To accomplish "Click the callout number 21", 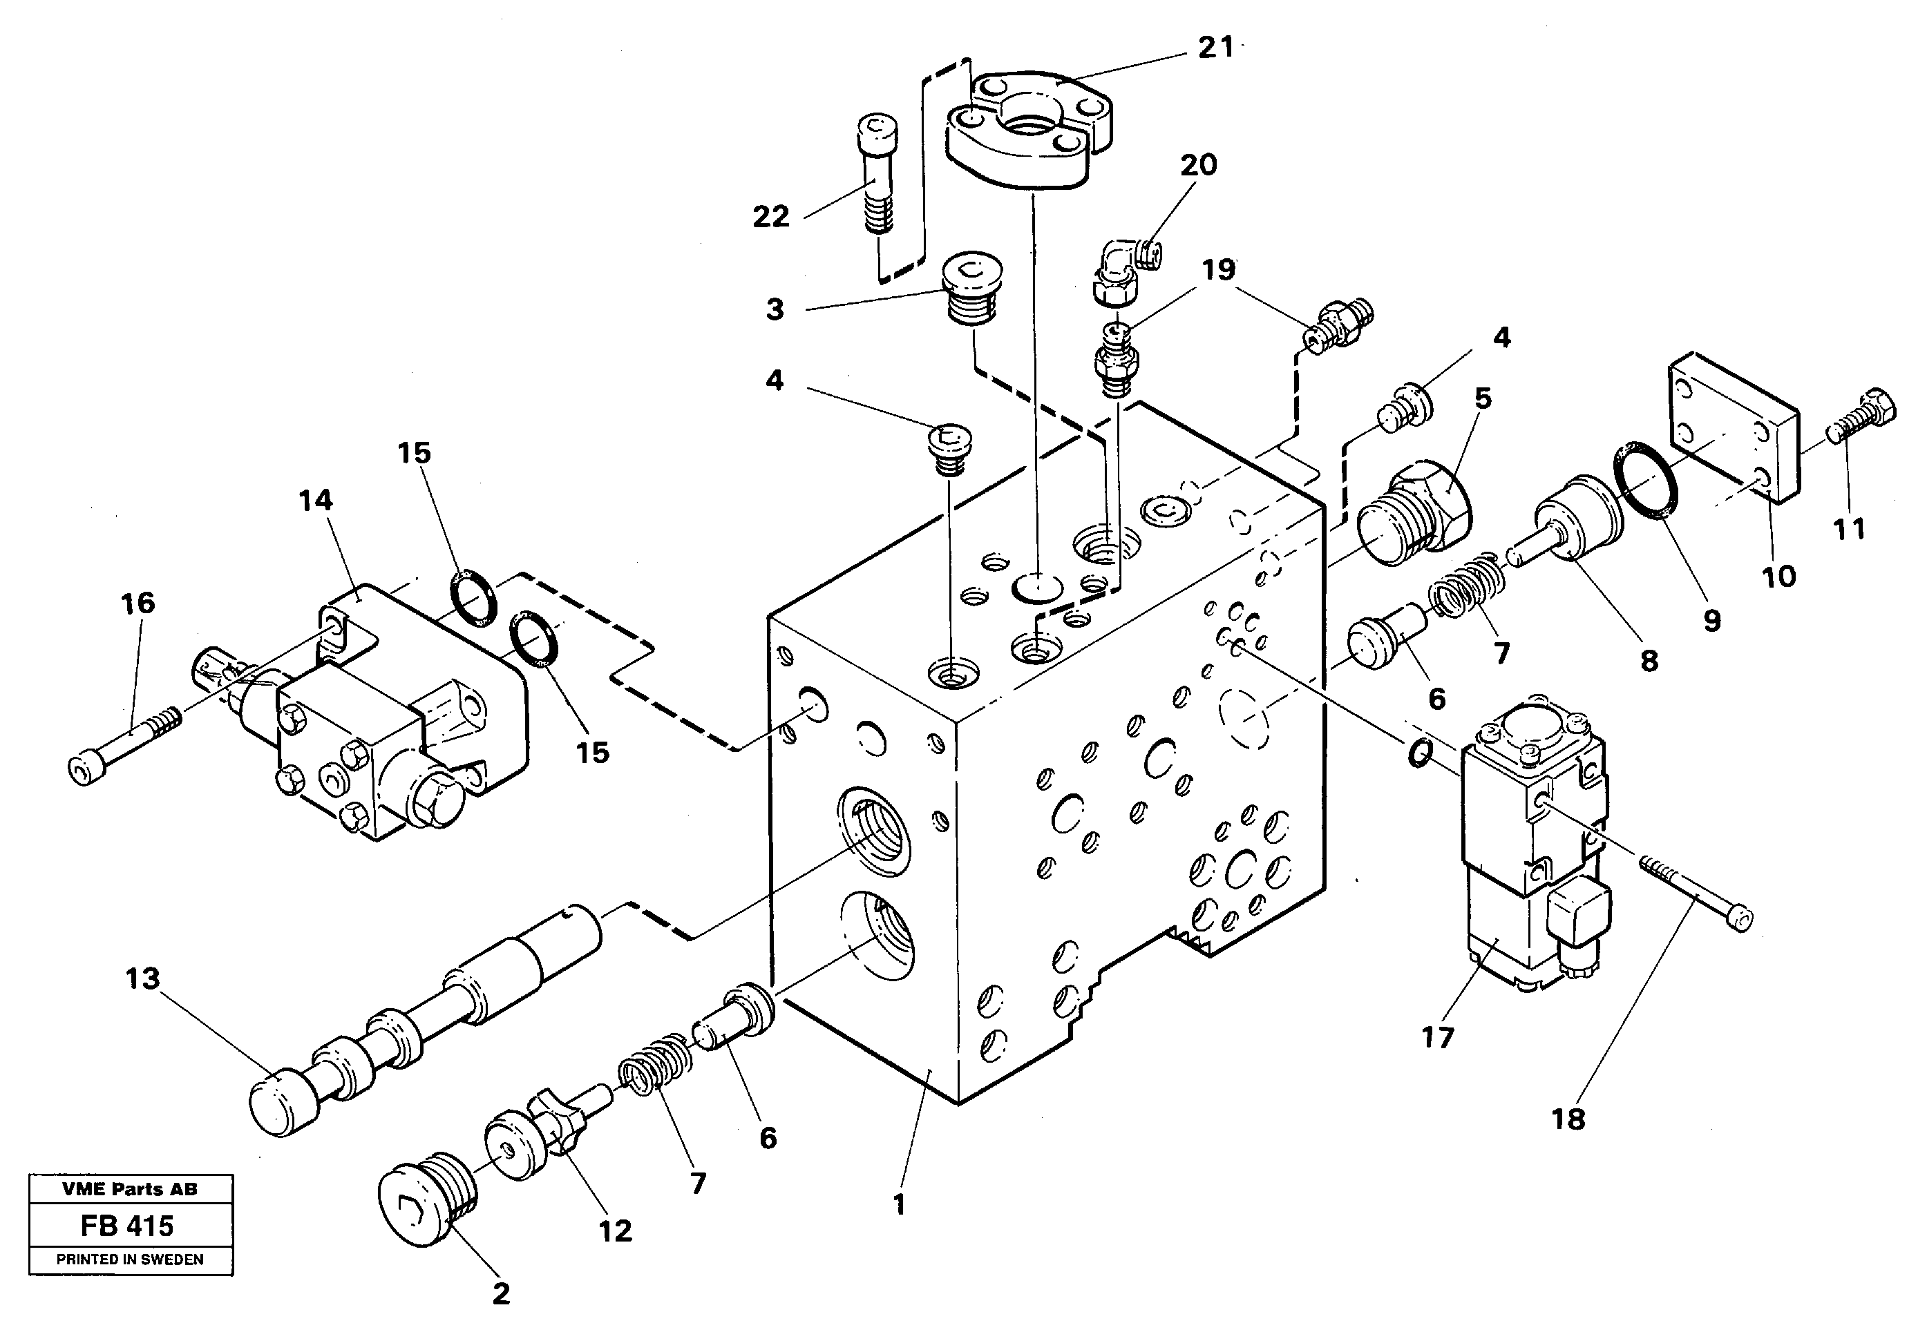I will pyautogui.click(x=1215, y=48).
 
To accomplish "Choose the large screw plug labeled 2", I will pyautogui.click(x=426, y=1210).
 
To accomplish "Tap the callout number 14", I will pyautogui.click(x=316, y=501).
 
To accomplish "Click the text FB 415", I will pyautogui.click(x=128, y=1226).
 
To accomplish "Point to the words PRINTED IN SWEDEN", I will pyautogui.click(x=131, y=1260).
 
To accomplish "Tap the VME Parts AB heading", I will pyautogui.click(x=131, y=1189).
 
